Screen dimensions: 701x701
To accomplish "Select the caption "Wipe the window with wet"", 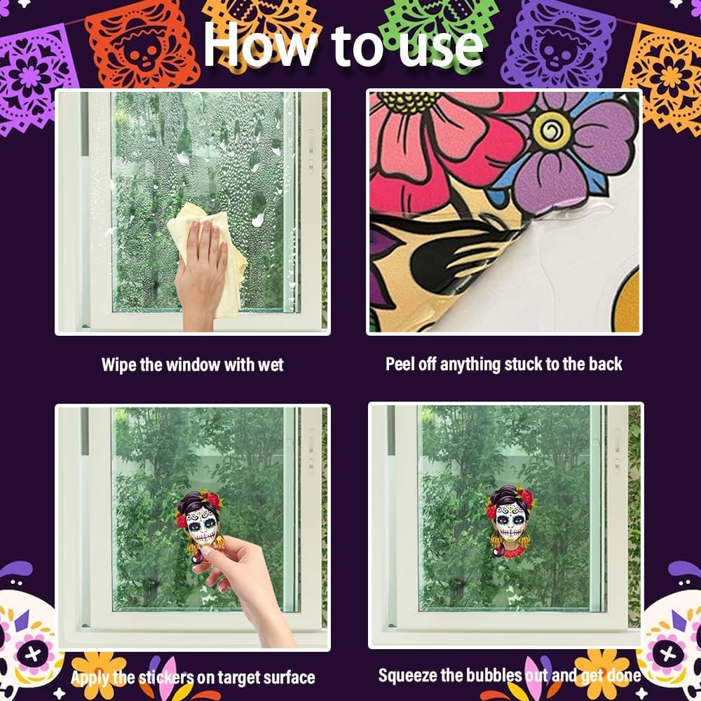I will tap(192, 365).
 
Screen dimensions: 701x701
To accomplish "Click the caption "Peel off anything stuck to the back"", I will tap(503, 364).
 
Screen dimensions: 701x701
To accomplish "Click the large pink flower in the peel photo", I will tap(435, 147).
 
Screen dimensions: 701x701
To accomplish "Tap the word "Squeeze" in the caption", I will tap(409, 675).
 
